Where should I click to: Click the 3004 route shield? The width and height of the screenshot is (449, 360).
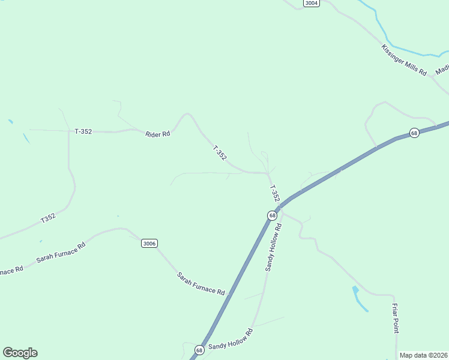(x=311, y=3)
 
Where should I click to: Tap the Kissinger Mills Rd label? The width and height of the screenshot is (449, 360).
(x=404, y=60)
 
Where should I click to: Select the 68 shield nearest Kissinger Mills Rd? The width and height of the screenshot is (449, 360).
(x=414, y=133)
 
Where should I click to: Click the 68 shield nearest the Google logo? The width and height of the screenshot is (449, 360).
(x=199, y=349)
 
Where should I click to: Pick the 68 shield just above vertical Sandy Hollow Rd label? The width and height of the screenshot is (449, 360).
(x=273, y=215)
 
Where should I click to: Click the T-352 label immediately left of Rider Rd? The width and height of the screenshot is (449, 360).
(x=83, y=131)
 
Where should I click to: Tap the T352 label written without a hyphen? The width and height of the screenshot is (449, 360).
(x=48, y=218)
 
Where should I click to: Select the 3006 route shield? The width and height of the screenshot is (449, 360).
(x=149, y=243)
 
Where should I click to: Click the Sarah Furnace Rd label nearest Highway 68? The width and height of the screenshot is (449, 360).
(x=200, y=284)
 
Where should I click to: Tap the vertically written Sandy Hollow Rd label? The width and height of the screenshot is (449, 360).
(x=273, y=247)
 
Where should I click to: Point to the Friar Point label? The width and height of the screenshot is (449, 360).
(x=395, y=319)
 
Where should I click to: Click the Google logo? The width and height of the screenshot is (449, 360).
(x=20, y=353)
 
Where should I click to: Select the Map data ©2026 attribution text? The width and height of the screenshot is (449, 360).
(x=424, y=355)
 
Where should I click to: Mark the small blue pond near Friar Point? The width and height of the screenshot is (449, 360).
(x=359, y=299)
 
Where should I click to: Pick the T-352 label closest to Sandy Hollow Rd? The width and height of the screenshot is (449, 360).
(x=274, y=193)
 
